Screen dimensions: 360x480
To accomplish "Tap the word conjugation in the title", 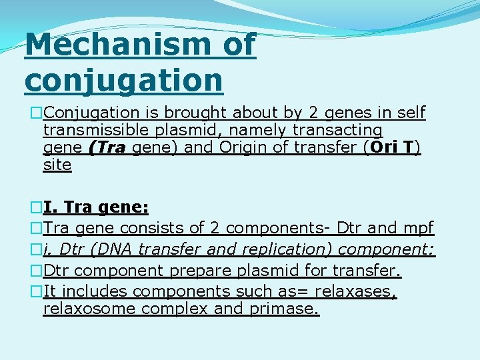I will pos(124,80).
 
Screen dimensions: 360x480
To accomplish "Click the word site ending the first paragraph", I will pos(57,165).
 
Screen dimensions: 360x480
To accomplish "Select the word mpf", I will pos(419,229).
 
